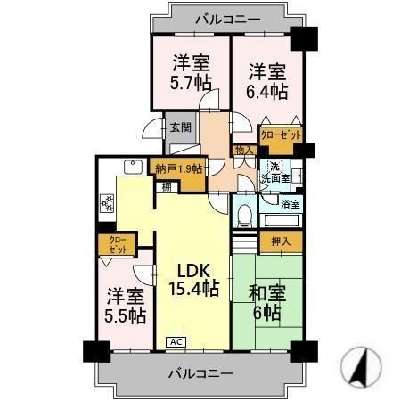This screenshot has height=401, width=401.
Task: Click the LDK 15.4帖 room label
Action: click(192, 278)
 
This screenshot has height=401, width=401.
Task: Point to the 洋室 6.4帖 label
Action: click(267, 80)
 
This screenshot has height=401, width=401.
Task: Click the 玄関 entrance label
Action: click(181, 127)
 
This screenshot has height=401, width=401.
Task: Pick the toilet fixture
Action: click(241, 211)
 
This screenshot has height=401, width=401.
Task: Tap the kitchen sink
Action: click(131, 167)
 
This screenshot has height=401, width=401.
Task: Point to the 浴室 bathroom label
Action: click(291, 204)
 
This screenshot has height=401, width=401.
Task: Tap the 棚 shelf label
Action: click(167, 186)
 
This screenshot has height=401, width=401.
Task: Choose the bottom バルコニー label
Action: click(200, 372)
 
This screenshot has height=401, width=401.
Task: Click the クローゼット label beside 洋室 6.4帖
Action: click(280, 135)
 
